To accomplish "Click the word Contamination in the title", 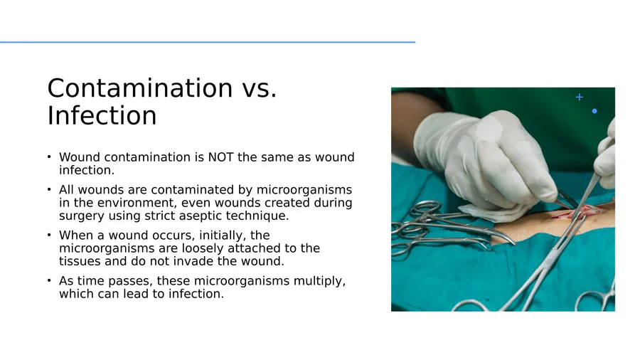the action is click(140, 88).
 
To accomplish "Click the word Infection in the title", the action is click(102, 115).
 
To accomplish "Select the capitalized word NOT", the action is click(220, 157).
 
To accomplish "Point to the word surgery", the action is click(82, 216).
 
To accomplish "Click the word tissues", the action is click(80, 261).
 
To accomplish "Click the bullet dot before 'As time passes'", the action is click(49, 280).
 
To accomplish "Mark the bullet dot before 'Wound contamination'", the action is click(49, 157).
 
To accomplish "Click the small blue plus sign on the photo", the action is click(579, 97).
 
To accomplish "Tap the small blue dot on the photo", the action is click(594, 111).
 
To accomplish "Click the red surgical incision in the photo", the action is click(580, 211).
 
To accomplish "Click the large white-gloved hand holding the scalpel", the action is click(486, 157).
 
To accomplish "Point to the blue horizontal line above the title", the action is click(208, 42).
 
